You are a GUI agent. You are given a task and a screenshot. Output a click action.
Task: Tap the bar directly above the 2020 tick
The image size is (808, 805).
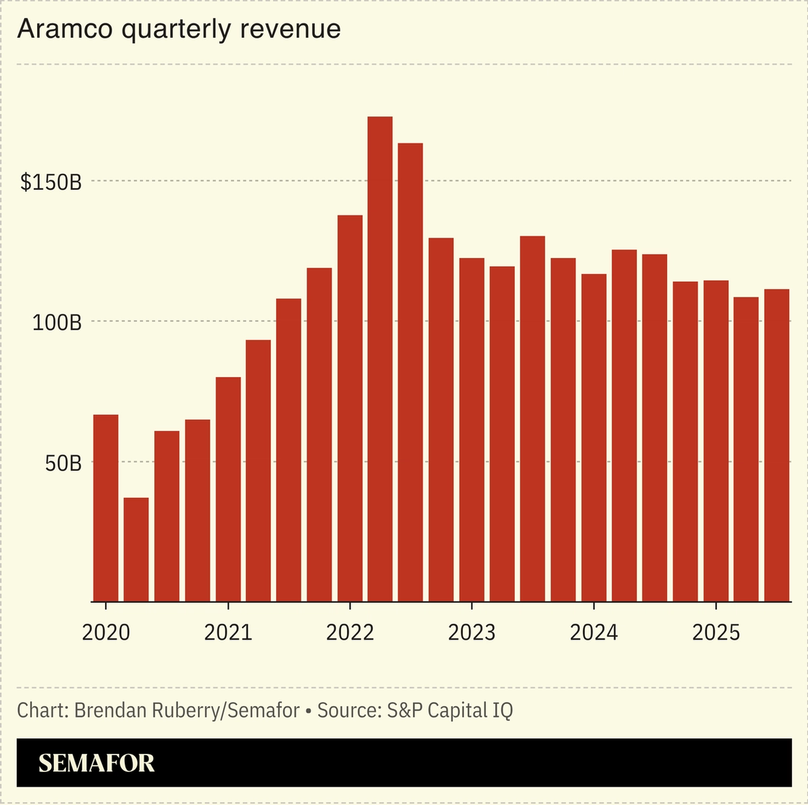106,508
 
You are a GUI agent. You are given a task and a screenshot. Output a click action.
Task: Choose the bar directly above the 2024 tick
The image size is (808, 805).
593,438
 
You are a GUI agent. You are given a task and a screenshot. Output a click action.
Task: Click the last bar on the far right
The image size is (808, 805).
776,445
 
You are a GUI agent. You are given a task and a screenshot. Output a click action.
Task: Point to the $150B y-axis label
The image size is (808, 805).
51,182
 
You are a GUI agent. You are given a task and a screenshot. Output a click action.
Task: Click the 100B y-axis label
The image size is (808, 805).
58,323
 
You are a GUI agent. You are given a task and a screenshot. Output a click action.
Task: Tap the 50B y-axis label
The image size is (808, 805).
63,464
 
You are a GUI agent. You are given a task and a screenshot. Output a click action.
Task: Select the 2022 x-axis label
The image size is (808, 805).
350,632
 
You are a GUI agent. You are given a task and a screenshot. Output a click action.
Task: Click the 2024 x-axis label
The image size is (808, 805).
593,632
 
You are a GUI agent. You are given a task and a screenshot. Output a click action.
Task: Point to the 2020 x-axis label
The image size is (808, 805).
106,632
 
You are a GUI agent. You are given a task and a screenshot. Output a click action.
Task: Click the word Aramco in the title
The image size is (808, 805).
64,29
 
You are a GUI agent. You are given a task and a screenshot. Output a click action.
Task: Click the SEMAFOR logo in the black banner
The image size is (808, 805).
96,763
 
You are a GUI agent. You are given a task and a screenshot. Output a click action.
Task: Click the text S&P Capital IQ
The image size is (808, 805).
450,710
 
